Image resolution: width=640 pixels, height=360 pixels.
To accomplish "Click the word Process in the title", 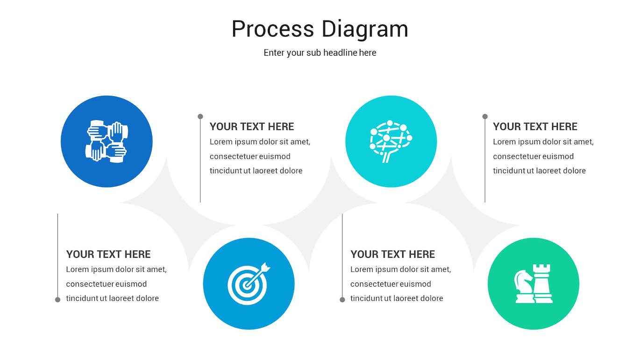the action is (273, 29).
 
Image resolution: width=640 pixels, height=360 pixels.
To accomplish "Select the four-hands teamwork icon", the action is (107, 141).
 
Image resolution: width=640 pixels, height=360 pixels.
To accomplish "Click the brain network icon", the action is (391, 141).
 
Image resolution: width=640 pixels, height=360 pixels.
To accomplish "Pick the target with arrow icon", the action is (249, 283).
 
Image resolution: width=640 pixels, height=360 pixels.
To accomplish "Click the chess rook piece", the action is (542, 283).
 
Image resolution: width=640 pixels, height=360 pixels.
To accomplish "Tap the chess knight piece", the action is (524, 286).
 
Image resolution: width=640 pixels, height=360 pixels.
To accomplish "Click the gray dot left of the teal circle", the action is (200, 116).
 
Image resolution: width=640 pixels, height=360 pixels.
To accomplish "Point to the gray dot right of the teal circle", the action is (485, 116).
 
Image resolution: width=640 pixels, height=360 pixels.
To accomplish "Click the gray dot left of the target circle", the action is (58, 299).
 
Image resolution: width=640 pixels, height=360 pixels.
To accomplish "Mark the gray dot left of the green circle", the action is (342, 299).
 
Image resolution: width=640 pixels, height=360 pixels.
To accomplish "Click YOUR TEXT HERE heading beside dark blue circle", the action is (252, 127).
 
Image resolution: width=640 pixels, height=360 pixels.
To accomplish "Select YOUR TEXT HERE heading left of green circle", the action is (392, 254).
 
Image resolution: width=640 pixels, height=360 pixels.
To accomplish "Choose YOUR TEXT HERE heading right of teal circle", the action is (535, 127).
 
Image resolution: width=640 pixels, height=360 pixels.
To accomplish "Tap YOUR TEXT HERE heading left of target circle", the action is (108, 254).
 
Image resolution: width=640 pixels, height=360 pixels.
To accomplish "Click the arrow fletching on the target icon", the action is (265, 267).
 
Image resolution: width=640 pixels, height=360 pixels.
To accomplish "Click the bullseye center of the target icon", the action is (246, 285).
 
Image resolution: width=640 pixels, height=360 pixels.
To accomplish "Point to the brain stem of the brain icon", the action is (386, 157).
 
